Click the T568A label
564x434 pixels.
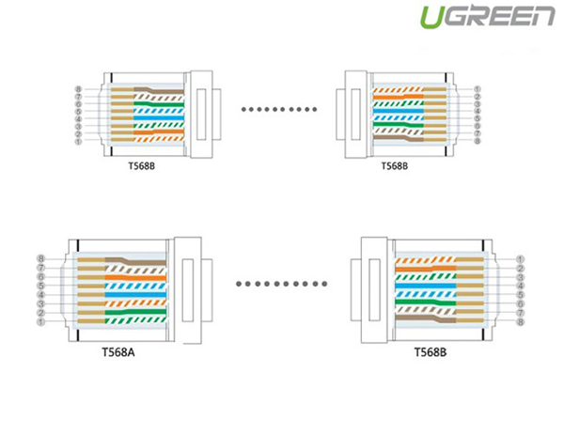pyautogui.click(x=118, y=352)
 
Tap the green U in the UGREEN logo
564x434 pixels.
pyautogui.click(x=432, y=17)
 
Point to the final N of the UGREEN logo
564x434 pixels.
pyautogui.click(x=542, y=16)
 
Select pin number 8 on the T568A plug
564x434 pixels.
pyautogui.click(x=41, y=258)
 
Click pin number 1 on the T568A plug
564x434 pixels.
pyautogui.click(x=40, y=322)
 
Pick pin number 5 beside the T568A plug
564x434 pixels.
pyautogui.click(x=41, y=286)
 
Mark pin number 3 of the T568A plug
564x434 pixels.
pyautogui.click(x=41, y=304)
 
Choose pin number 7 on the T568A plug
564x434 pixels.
pyautogui.click(x=41, y=268)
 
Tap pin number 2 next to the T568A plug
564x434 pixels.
pyautogui.click(x=41, y=313)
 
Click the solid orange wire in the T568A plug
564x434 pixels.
pyautogui.click(x=135, y=277)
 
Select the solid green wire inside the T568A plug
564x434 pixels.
pyautogui.click(x=135, y=312)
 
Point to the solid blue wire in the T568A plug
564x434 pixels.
pyautogui.click(x=135, y=295)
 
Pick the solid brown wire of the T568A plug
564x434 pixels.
pyautogui.click(x=135, y=261)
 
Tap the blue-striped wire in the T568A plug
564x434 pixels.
pyautogui.click(x=135, y=287)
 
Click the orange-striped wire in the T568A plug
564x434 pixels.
pyautogui.click(x=135, y=303)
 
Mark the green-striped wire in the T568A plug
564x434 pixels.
pyautogui.click(x=135, y=320)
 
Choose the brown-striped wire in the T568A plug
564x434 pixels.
pyautogui.click(x=135, y=269)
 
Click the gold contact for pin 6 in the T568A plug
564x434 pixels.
pyautogui.click(x=91, y=277)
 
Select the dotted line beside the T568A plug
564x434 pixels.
pyautogui.click(x=281, y=284)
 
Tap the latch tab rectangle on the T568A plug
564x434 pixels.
pyautogui.click(x=188, y=290)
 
